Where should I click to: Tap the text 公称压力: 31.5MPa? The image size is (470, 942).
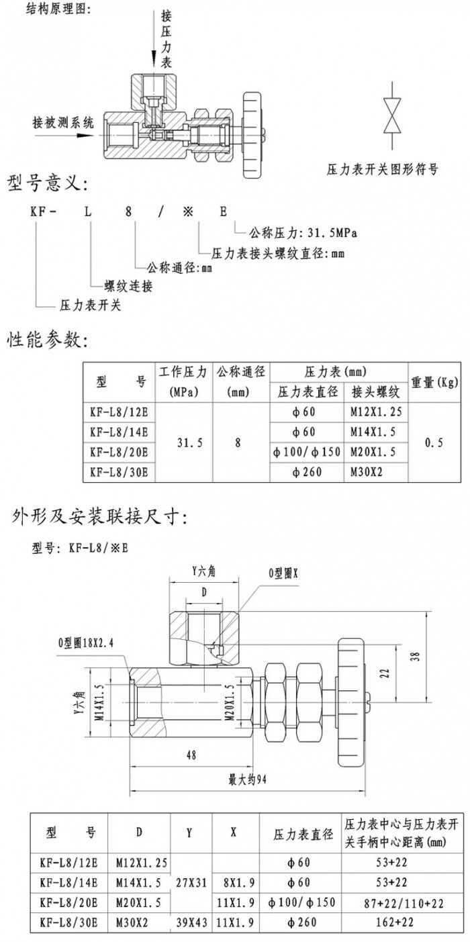(302, 234)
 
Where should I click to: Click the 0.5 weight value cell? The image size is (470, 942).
(434, 442)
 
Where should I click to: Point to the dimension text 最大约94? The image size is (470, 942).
(248, 781)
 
